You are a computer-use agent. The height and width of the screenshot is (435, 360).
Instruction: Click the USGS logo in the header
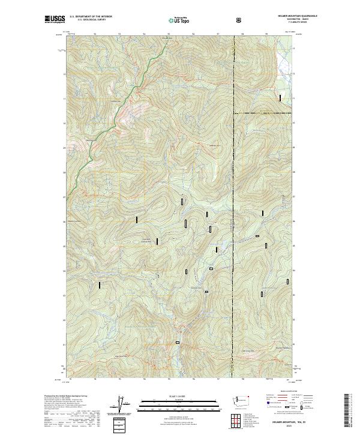[x=54, y=20]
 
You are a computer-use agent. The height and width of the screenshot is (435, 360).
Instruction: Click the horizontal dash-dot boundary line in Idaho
[x=264, y=112]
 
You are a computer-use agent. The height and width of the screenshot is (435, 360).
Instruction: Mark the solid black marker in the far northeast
[x=280, y=97]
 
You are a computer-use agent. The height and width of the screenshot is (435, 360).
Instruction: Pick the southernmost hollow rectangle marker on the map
[x=178, y=343]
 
